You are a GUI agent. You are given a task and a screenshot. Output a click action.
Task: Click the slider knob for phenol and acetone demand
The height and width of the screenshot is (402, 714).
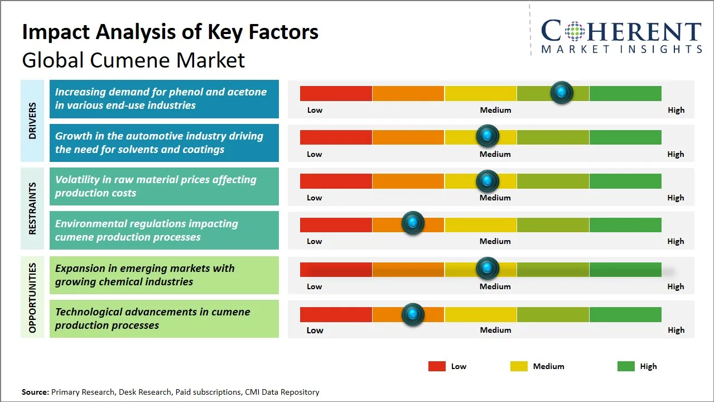click(x=562, y=92)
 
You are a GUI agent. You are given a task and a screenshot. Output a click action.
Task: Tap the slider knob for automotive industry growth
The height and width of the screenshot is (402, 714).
click(x=488, y=136)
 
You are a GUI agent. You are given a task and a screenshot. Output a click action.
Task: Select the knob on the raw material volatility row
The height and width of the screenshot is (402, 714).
click(x=488, y=180)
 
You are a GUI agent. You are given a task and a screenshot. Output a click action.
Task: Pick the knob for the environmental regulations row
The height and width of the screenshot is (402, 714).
click(x=413, y=223)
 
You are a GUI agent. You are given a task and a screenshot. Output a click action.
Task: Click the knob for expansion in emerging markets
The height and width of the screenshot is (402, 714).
click(x=488, y=269)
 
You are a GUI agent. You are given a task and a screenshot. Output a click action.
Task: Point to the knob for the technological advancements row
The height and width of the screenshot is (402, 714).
click(x=413, y=314)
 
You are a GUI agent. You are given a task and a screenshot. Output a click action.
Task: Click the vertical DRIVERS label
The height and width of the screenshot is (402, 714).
click(x=32, y=121)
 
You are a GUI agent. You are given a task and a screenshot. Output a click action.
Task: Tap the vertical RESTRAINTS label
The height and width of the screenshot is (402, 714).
click(x=32, y=208)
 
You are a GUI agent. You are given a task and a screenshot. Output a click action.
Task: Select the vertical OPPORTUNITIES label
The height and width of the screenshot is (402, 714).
click(x=32, y=298)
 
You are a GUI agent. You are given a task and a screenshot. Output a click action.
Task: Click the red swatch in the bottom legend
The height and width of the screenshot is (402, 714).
click(x=437, y=366)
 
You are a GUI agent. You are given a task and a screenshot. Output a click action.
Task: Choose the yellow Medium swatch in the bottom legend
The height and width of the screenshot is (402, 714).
click(x=519, y=366)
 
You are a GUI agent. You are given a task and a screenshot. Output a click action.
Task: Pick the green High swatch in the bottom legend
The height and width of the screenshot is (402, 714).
click(x=626, y=366)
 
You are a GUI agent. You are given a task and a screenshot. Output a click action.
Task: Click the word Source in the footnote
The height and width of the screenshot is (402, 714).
click(x=35, y=392)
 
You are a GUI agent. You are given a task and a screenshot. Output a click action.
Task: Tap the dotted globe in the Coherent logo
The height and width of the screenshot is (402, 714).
click(x=573, y=32)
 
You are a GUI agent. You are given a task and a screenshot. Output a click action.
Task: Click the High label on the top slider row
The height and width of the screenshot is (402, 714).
click(x=676, y=110)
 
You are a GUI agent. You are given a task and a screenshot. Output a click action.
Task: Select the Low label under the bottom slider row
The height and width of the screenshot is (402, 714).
click(x=315, y=330)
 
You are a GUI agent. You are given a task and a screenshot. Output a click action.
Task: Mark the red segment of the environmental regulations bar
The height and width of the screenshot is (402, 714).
click(x=336, y=224)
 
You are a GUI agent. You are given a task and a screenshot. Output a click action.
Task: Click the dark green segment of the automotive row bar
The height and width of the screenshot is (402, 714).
click(x=625, y=137)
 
